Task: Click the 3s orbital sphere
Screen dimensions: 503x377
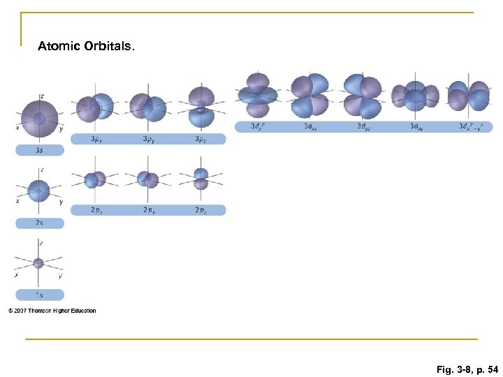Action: click(39, 117)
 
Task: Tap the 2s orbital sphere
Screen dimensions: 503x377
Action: click(38, 191)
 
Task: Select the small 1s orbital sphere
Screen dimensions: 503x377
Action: click(38, 263)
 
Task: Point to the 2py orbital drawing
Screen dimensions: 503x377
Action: click(148, 179)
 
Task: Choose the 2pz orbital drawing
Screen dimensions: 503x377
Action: click(201, 179)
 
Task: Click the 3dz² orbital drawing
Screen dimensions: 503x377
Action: click(258, 96)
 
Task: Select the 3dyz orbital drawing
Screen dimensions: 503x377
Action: click(362, 96)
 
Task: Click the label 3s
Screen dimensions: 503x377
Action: click(39, 150)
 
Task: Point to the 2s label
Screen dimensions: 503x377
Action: click(39, 223)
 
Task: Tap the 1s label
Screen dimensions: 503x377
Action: click(39, 295)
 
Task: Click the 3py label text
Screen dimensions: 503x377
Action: click(149, 139)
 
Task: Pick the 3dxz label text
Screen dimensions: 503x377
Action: click(310, 126)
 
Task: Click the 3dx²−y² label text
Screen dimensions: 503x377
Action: click(475, 126)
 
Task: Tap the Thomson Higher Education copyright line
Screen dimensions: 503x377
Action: click(52, 311)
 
